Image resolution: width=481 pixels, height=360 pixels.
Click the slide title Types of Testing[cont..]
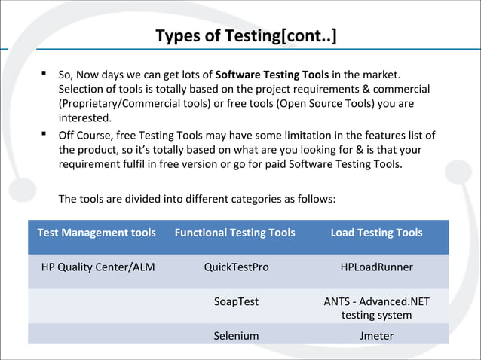coord(246,36)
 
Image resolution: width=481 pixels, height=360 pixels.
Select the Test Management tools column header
coord(97,233)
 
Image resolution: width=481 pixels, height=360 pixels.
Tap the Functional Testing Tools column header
coord(235,233)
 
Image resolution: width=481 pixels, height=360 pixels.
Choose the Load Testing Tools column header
coord(377,233)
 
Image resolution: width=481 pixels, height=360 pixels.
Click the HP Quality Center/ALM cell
coord(98,267)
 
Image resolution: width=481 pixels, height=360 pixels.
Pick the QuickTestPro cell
coord(236,267)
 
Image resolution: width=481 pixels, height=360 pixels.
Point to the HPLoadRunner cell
coord(377,267)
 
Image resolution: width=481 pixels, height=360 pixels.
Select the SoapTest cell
coord(236,301)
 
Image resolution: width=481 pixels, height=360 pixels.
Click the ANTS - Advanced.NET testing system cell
coord(377,308)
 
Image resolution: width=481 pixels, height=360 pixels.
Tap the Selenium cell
coord(236,336)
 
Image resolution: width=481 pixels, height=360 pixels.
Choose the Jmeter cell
coord(377,336)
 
